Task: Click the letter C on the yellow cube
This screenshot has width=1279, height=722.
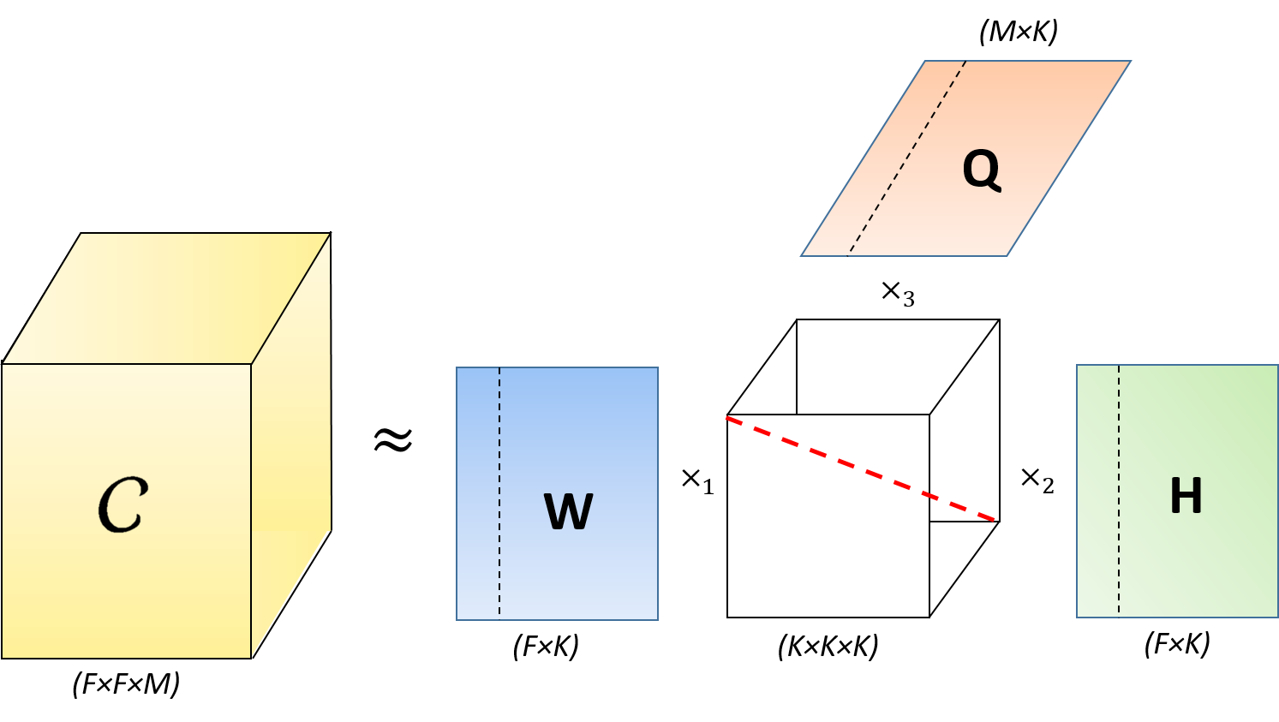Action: tap(123, 504)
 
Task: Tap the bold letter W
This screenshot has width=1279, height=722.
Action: tap(568, 511)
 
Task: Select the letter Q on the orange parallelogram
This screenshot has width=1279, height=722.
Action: tap(982, 170)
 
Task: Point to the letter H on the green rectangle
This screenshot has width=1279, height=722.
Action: tap(1186, 496)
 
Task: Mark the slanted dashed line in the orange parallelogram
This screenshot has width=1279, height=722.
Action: tap(906, 158)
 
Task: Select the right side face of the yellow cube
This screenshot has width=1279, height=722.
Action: tap(290, 445)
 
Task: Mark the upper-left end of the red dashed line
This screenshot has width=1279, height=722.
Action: tap(728, 418)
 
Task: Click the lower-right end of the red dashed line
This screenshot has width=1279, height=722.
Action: tap(994, 519)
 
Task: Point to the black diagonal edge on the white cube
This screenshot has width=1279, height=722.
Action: tap(964, 367)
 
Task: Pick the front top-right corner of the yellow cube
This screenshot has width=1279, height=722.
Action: tap(251, 364)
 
